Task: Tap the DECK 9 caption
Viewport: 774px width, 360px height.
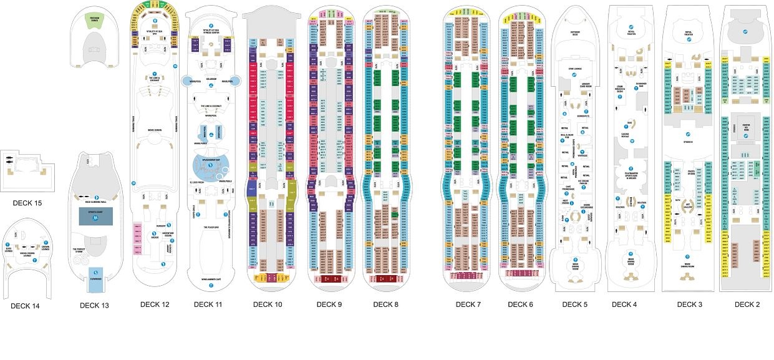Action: [329, 304]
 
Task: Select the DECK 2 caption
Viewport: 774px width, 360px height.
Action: [747, 304]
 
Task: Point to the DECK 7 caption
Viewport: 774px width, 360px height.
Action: [468, 304]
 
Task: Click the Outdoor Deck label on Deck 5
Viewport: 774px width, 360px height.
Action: [575, 33]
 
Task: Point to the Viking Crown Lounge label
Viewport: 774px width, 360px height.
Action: [28, 255]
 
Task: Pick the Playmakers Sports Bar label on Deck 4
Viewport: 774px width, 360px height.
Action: [631, 175]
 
